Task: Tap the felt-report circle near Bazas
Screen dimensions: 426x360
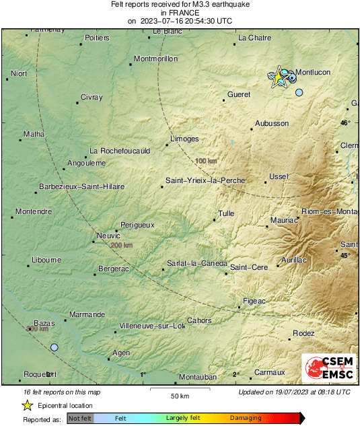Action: (x=55, y=347)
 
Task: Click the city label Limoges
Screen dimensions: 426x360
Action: (x=184, y=139)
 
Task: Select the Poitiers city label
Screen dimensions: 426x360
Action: (x=97, y=38)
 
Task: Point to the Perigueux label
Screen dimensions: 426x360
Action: (x=137, y=224)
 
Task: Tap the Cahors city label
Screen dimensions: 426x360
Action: (x=199, y=320)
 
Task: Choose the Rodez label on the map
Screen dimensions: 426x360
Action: (x=303, y=333)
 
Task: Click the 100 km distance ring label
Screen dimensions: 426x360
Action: (x=206, y=161)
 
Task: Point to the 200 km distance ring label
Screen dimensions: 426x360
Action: (x=122, y=246)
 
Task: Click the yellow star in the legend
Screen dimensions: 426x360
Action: (x=28, y=405)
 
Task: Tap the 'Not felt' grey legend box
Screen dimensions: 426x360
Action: (x=80, y=419)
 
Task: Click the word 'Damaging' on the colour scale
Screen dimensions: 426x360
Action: (x=246, y=419)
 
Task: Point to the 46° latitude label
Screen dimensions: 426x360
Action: (x=345, y=123)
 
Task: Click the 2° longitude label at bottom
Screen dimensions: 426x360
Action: (x=236, y=374)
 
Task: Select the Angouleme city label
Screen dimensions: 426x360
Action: (x=87, y=163)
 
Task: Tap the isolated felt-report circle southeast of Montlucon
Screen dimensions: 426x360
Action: (x=299, y=92)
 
